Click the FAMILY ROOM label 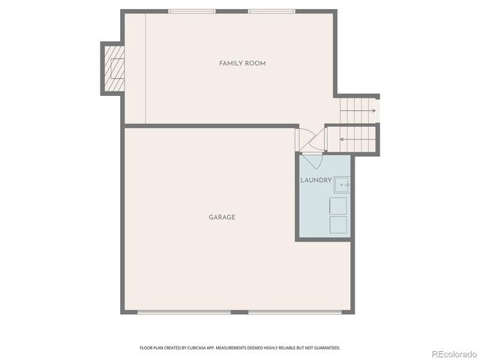tap(242, 64)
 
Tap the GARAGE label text tap(222, 217)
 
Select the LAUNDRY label tap(316, 181)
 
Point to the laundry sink tap(343, 182)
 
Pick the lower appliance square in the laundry tap(340, 224)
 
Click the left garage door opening tap(184, 311)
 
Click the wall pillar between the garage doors tap(239, 311)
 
